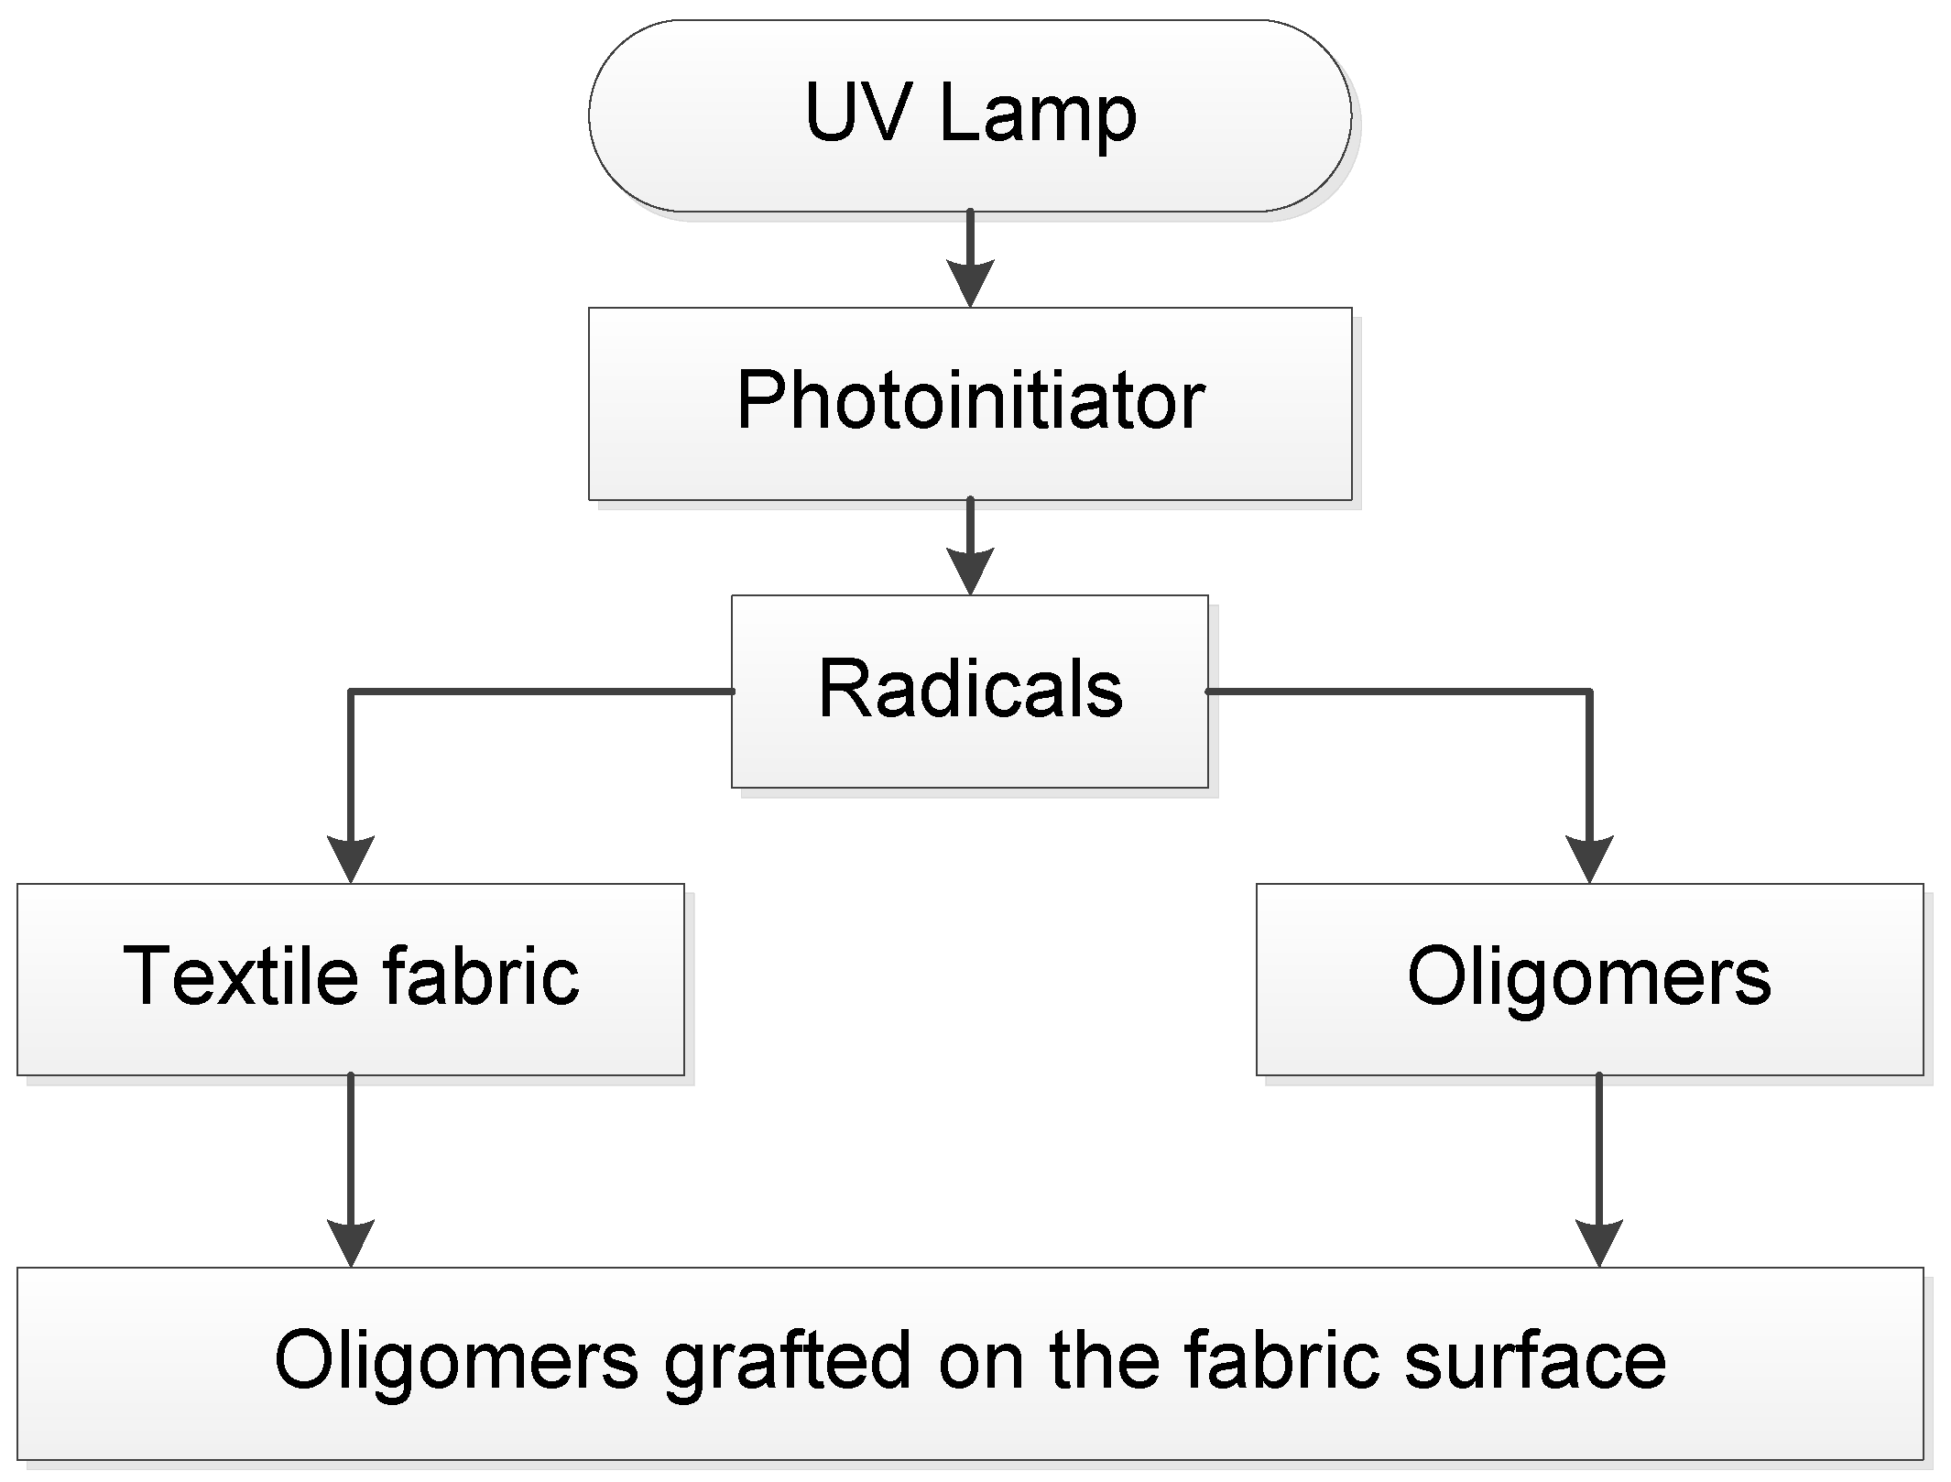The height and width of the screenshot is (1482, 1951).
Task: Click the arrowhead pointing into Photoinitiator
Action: click(969, 284)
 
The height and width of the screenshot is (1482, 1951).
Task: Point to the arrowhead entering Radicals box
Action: click(969, 572)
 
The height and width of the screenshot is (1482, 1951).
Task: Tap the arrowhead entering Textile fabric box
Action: click(350, 859)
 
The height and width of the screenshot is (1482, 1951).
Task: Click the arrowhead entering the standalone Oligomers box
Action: click(1589, 859)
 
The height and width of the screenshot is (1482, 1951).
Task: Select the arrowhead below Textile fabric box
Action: click(350, 1243)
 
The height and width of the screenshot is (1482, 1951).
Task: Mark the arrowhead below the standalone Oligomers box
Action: click(1598, 1243)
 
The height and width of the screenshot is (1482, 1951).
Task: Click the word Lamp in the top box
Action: click(1037, 114)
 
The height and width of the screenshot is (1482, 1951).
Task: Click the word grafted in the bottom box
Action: click(788, 1363)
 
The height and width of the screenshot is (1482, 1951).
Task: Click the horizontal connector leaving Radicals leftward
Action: click(540, 692)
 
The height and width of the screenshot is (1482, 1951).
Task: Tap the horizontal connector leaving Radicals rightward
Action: click(1397, 692)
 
